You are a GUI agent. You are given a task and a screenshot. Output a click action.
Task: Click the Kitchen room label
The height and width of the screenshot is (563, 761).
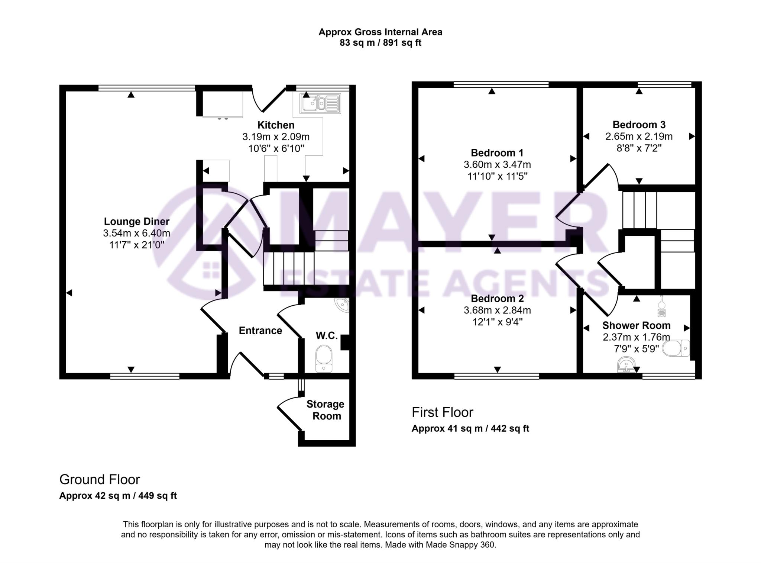[276, 125]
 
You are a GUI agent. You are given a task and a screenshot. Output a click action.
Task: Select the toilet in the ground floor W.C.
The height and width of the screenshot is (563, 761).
[324, 358]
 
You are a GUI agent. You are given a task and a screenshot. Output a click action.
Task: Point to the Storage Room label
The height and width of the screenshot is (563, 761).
[326, 410]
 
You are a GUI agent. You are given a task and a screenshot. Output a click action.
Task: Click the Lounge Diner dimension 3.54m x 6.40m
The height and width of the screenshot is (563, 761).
[136, 233]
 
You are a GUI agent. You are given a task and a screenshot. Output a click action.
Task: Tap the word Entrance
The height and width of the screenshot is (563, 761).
[260, 331]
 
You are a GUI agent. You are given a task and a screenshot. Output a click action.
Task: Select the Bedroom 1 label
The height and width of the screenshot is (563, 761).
[497, 152]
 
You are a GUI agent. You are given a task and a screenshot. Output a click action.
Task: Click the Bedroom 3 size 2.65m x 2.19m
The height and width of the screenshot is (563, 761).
[639, 136]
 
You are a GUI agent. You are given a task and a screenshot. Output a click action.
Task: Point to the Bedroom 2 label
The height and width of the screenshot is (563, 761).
[497, 298]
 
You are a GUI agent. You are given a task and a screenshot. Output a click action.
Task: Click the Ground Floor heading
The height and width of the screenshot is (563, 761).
[100, 480]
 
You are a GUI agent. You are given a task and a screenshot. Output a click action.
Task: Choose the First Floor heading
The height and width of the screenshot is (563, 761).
[442, 412]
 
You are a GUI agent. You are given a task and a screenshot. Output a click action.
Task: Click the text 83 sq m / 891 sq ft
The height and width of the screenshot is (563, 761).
[380, 43]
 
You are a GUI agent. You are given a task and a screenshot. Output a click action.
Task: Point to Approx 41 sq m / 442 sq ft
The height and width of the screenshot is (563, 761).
[470, 428]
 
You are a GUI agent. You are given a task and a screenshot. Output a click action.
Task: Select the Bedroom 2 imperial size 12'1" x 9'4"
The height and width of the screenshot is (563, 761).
[497, 322]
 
